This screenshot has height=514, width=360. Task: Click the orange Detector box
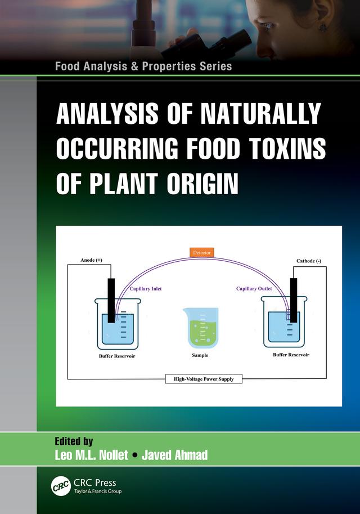coord(201,253)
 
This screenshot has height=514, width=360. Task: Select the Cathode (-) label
coord(309,261)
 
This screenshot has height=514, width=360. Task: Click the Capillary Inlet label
coord(146,289)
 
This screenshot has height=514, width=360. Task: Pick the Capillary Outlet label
coord(254,289)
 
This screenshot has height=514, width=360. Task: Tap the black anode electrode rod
coord(111,298)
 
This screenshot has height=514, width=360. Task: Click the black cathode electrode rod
coord(293,298)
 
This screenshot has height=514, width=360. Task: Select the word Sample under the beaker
coord(200,356)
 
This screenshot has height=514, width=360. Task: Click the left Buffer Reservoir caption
coord(116,356)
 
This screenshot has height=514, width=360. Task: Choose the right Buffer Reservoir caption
coord(291,355)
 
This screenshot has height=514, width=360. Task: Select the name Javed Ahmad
coord(174,455)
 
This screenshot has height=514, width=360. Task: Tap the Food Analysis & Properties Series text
coord(143,66)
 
